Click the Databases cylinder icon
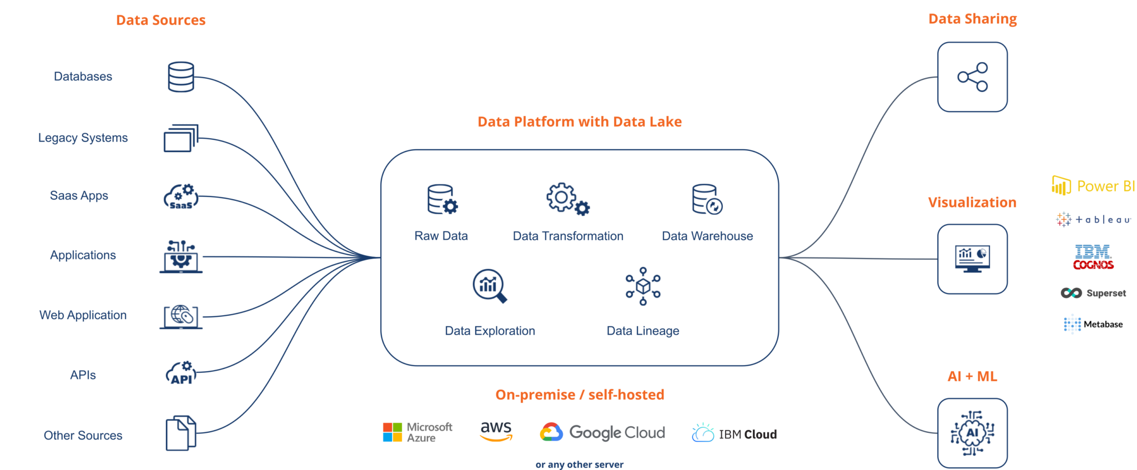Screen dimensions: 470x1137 pos(181,77)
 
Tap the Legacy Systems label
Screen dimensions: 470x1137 pos(83,138)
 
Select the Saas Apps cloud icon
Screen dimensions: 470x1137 pos(181,196)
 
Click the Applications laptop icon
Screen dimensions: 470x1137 pos(181,256)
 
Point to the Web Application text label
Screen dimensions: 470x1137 pos(83,315)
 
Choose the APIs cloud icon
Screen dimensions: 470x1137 pos(181,373)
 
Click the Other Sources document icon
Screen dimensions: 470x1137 pos(181,433)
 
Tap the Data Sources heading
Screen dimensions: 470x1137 pos(160,21)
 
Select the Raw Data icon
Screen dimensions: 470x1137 pos(442,200)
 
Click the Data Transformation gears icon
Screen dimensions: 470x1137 pos(567,199)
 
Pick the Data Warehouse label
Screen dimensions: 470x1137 pos(707,236)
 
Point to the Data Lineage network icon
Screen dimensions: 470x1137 pos(643,286)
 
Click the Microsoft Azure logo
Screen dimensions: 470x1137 pos(417,432)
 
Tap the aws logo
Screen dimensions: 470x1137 pos(496,431)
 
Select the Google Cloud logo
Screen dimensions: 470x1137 pos(602,432)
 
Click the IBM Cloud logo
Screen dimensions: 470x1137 pos(734,433)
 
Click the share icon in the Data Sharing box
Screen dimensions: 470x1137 pos(972,77)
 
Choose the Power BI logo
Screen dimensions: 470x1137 pos(1093,186)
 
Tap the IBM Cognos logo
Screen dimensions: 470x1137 pos(1093,257)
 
